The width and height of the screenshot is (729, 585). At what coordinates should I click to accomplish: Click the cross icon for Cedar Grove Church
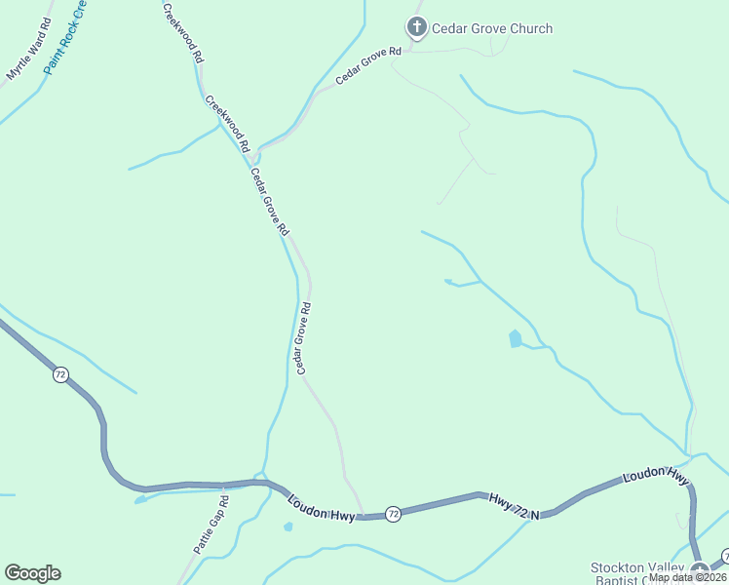point(417,27)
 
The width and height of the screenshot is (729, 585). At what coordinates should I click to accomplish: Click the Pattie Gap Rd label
point(211,525)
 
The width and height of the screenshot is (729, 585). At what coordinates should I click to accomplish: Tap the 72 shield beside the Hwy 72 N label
point(392,513)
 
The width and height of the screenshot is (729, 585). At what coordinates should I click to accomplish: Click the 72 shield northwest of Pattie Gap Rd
point(60,375)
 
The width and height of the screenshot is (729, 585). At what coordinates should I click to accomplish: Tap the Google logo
point(32,573)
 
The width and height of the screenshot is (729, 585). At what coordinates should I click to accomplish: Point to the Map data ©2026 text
point(687,577)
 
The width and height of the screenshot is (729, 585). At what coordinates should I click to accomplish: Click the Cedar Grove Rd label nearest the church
point(369,65)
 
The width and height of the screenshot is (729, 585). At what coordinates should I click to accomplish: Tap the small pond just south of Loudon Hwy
point(288,527)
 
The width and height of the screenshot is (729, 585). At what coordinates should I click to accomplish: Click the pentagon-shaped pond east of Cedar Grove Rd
point(515,338)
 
